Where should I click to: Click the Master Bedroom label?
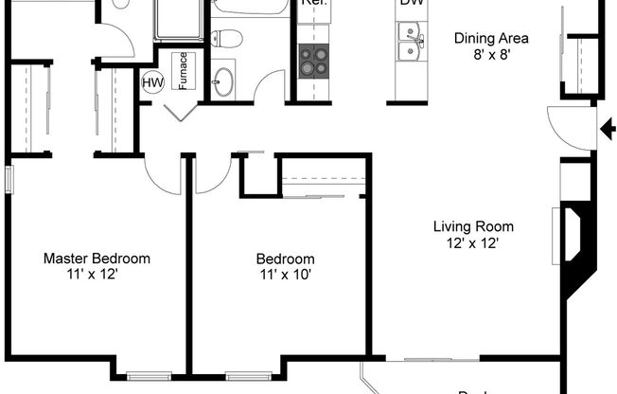(97, 259)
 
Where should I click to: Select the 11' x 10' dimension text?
(285, 275)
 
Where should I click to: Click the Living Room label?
(473, 226)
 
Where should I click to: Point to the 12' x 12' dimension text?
(473, 242)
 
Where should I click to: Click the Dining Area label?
(491, 39)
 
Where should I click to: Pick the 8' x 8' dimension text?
(491, 55)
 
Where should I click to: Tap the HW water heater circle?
(151, 83)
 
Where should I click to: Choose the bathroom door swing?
(271, 86)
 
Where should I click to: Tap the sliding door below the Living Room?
(428, 359)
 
